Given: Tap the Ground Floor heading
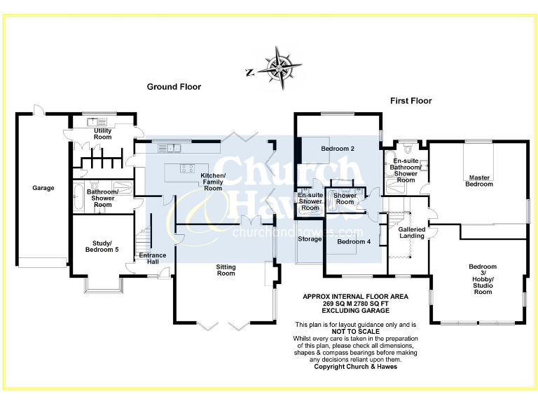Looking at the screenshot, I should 174,87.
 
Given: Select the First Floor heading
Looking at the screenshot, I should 411,101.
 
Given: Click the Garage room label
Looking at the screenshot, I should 43,188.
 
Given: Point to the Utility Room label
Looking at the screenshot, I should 102,133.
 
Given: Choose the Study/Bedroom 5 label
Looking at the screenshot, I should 102,246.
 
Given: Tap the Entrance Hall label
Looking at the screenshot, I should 153,259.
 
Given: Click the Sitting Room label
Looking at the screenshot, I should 226,271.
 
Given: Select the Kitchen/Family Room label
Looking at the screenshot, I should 212,182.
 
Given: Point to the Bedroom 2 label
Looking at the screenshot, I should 338,149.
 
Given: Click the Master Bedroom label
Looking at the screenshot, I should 479,181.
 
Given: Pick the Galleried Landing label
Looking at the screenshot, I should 411,233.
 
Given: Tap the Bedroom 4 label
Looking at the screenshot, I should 353,242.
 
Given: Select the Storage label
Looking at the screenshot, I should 310,239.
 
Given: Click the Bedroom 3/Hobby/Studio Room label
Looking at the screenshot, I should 482,279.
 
